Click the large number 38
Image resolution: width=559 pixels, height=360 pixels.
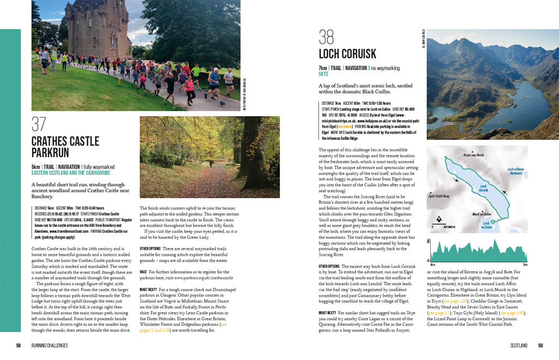coord(326,37)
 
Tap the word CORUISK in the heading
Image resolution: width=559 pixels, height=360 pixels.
coord(358,54)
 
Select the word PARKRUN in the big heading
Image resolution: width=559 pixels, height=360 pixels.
coord(50,153)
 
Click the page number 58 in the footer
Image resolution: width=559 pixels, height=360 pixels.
coord(18,345)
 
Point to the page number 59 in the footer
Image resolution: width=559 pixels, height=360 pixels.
coord(540,345)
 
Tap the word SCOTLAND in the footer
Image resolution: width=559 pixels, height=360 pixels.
coord(518,345)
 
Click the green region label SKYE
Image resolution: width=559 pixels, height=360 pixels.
coord(324,74)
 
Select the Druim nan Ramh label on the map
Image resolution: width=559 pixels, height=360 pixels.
coord(473,155)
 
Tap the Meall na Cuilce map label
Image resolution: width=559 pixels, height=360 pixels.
coord(474,214)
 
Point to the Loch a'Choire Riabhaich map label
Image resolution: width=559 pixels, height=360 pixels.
coord(515,172)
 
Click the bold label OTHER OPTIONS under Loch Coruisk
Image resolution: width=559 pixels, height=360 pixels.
coord(330,266)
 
